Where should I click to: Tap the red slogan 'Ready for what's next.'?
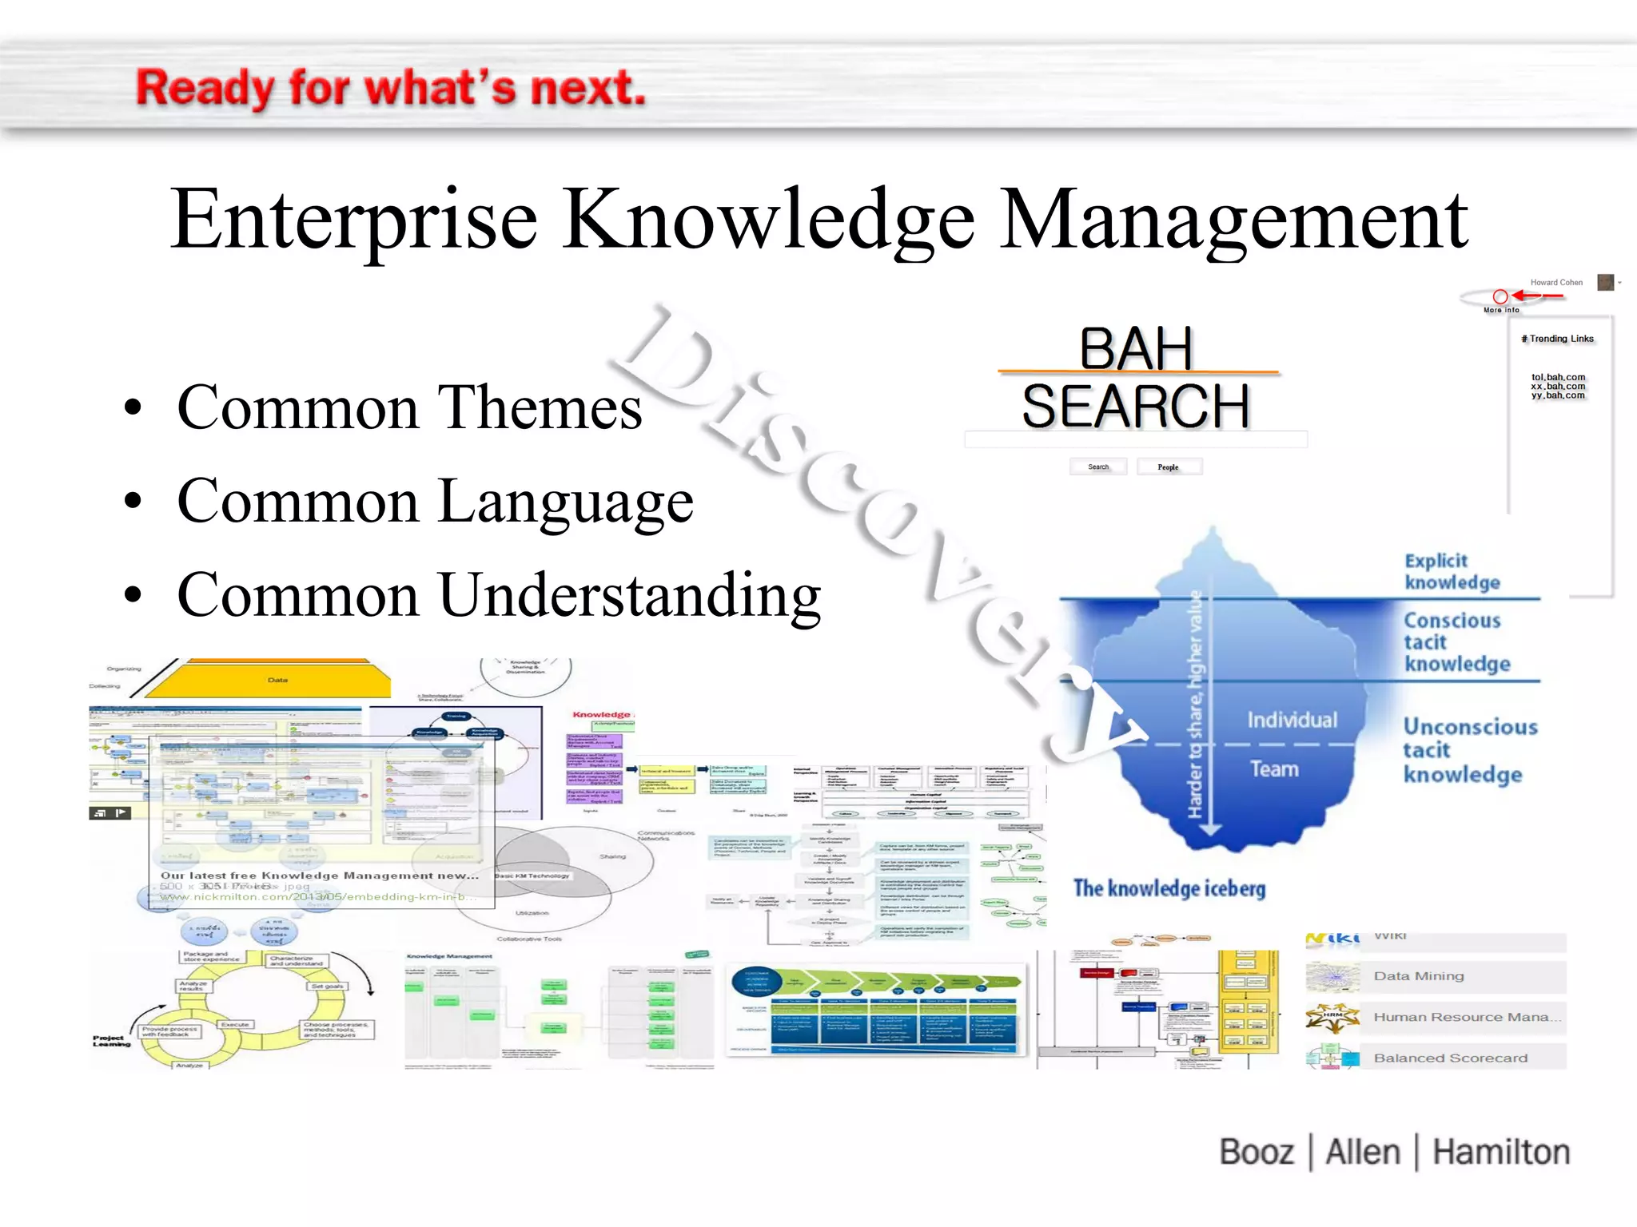[390, 88]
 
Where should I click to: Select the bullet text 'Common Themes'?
[409, 407]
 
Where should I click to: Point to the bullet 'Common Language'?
[435, 502]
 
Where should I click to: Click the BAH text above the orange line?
[1136, 348]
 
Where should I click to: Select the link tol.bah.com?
[1558, 377]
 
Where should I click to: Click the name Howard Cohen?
[1555, 282]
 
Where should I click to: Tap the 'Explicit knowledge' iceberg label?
[1452, 571]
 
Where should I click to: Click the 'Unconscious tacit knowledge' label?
[1469, 750]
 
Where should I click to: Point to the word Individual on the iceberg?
[1292, 720]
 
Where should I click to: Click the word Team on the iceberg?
[1274, 768]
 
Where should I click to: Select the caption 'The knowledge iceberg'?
[1169, 888]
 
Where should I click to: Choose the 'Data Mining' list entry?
[1418, 976]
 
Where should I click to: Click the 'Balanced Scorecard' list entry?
[1450, 1058]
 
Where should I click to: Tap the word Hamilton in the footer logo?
[1500, 1152]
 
